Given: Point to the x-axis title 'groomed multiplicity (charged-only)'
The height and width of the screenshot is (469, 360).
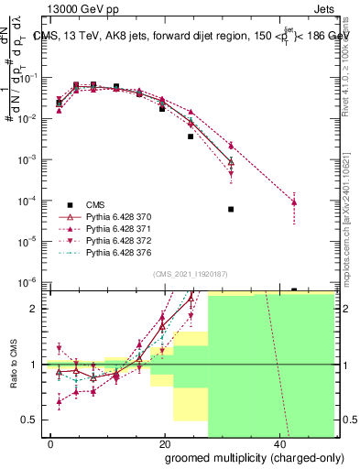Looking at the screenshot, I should click(242, 458).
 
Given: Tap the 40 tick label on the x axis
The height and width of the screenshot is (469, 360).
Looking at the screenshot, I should click(278, 444).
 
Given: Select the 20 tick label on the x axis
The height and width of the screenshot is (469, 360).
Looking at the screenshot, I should click(164, 444).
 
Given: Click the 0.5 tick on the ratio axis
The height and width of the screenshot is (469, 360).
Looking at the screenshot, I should click(37, 420).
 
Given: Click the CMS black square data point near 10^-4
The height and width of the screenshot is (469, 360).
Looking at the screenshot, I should click(231, 209).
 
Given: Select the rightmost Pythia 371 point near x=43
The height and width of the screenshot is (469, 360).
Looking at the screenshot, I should click(294, 202).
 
